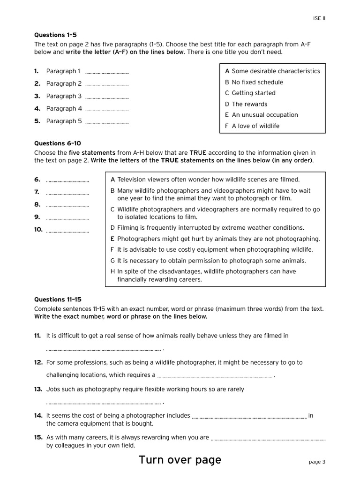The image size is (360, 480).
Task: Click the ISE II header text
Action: (x=319, y=18)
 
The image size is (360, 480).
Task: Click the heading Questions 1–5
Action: (x=55, y=35)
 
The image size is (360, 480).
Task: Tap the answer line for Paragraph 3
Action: (x=107, y=97)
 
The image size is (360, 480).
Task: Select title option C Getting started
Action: (x=250, y=93)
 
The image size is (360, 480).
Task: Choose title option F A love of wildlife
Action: (x=252, y=126)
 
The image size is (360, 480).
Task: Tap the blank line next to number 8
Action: (x=67, y=205)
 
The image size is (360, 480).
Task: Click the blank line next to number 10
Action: (x=67, y=231)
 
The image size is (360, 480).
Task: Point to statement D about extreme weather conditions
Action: (x=207, y=228)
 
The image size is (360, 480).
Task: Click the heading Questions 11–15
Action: (x=58, y=299)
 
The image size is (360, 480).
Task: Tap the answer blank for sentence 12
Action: (x=214, y=375)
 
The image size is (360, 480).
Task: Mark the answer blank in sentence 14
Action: (x=249, y=416)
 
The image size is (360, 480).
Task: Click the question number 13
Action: (x=38, y=389)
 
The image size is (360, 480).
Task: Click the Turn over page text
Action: (x=180, y=460)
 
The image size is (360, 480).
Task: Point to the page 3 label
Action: (x=317, y=462)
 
